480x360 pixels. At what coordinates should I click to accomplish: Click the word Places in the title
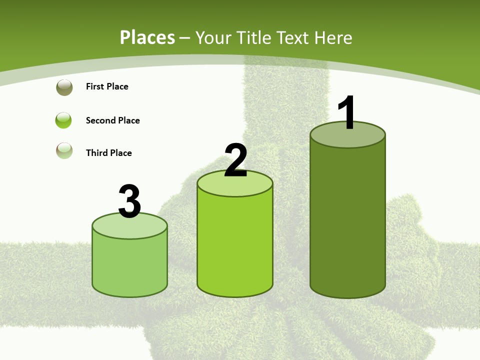pos(147,37)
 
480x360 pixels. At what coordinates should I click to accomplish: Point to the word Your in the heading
pos(213,37)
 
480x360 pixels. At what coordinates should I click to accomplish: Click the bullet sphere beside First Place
pos(64,87)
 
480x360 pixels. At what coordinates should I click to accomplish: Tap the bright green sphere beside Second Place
pos(64,120)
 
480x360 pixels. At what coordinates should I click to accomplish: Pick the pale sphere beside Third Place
pos(64,150)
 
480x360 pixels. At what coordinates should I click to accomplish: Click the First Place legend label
pos(107,86)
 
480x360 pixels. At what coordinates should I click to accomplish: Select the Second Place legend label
pos(112,120)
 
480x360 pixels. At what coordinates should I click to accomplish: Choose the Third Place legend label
pos(108,153)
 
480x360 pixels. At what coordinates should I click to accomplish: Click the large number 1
pos(347,113)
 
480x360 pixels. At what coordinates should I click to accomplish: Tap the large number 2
pos(235,160)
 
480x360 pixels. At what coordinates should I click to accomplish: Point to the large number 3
pos(129,201)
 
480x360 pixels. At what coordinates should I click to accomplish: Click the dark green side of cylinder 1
pos(347,220)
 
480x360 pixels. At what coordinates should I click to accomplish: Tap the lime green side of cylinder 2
pos(235,245)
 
